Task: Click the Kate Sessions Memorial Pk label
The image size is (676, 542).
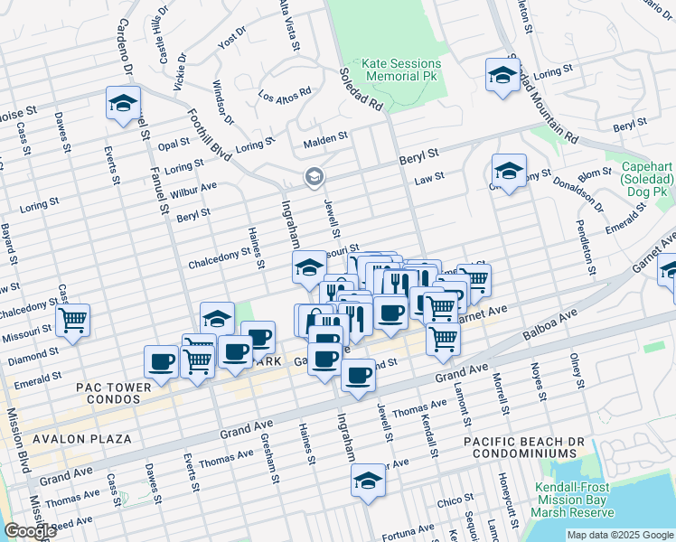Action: pos(401,70)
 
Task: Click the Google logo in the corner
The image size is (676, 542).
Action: pos(30,531)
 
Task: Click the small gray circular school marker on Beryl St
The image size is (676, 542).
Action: pos(314,175)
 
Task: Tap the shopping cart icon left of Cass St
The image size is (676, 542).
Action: pos(72,321)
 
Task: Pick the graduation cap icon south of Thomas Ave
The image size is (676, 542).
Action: pos(368,481)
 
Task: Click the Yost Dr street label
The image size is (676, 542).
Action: pos(232,39)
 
